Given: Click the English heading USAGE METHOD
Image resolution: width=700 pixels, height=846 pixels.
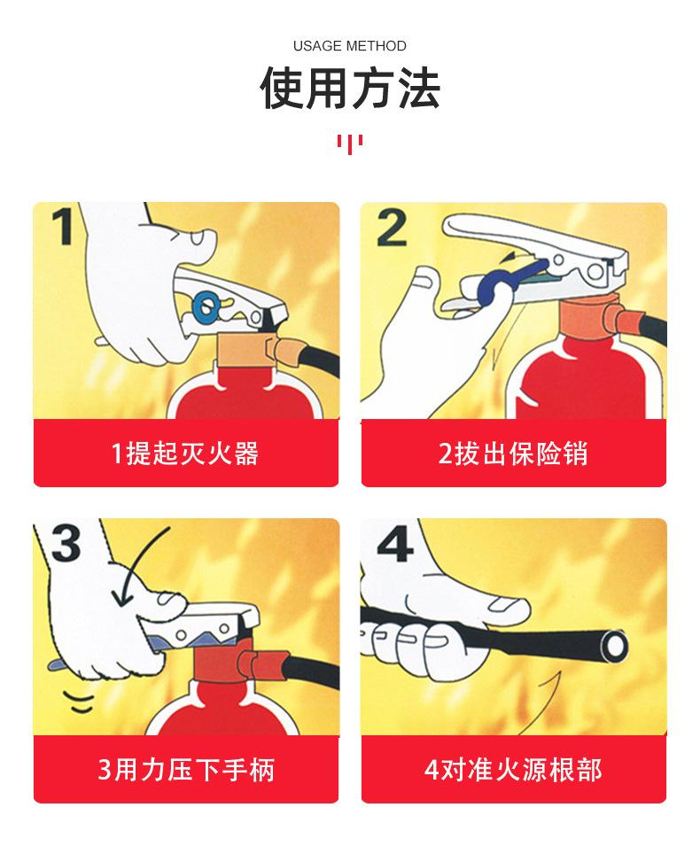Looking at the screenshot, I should pyautogui.click(x=349, y=46).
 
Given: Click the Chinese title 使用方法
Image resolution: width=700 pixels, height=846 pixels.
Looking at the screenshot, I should pyautogui.click(x=349, y=89).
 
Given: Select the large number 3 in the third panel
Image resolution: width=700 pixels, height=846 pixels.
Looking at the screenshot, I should pyautogui.click(x=65, y=544).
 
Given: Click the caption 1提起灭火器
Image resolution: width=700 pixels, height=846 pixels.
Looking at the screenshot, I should pyautogui.click(x=185, y=454).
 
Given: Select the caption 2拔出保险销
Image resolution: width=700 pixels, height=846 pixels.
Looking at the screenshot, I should pyautogui.click(x=513, y=454).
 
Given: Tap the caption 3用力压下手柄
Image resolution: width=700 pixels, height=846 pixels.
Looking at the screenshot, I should pyautogui.click(x=185, y=769).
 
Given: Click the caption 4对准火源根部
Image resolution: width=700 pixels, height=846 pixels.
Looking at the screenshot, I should pyautogui.click(x=513, y=769).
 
